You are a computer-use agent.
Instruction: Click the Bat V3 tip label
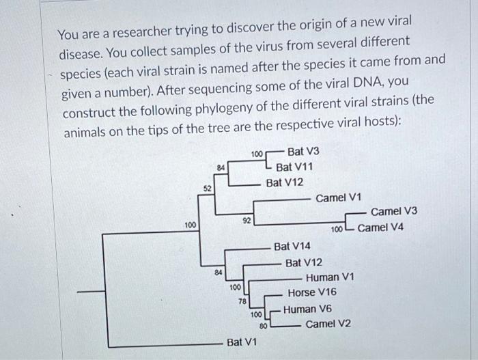pos(304,151)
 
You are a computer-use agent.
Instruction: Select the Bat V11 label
pos(295,167)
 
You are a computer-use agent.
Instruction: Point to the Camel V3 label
pos(394,212)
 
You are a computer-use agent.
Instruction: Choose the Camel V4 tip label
pos(380,227)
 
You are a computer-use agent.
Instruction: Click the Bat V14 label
pos(292,246)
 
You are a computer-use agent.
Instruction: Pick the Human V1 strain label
pos(330,277)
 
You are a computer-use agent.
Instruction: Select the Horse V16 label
pos(311,293)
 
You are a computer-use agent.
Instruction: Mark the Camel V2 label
pos(328,324)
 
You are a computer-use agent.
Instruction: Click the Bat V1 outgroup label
pos(242,342)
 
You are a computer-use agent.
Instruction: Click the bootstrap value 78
pos(242,301)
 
